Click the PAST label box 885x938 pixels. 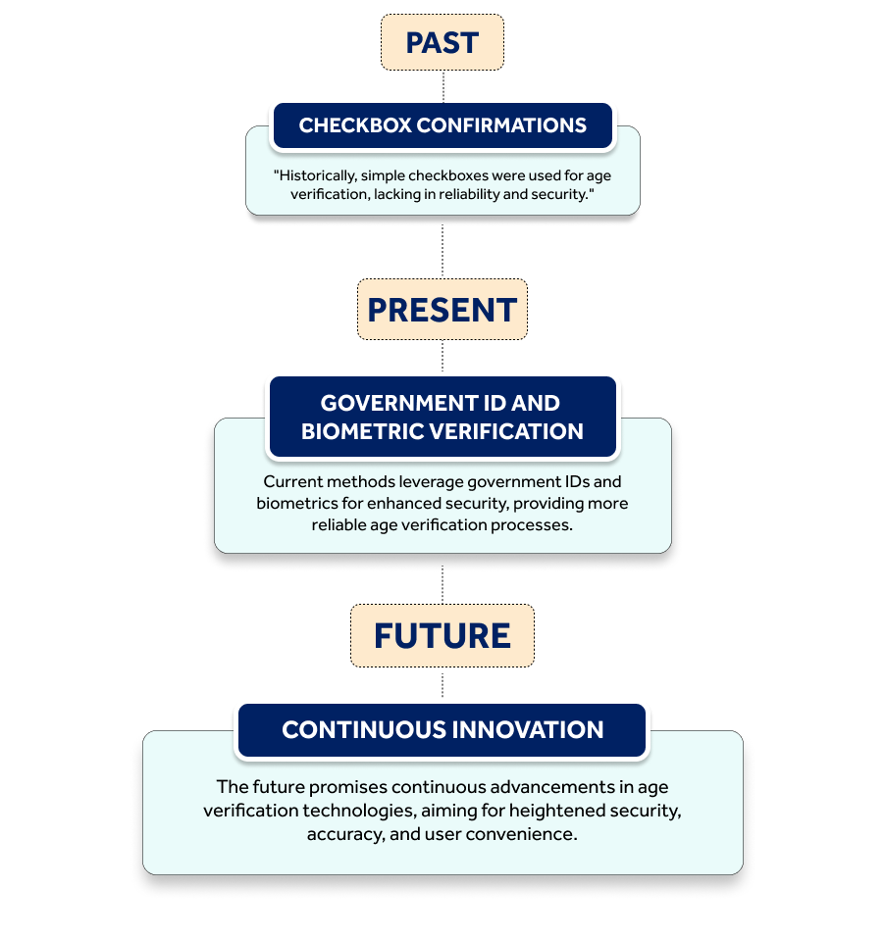coord(442,42)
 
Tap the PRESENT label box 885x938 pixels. coord(442,310)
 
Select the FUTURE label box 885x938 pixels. coord(442,635)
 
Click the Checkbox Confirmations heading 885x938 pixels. coord(442,125)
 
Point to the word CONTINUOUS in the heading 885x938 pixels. coord(364,730)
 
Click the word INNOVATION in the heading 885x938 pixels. coord(528,730)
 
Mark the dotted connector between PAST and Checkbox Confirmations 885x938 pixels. coord(443,86)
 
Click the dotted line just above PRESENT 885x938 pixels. coord(442,251)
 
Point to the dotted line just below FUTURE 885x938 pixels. coord(442,685)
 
